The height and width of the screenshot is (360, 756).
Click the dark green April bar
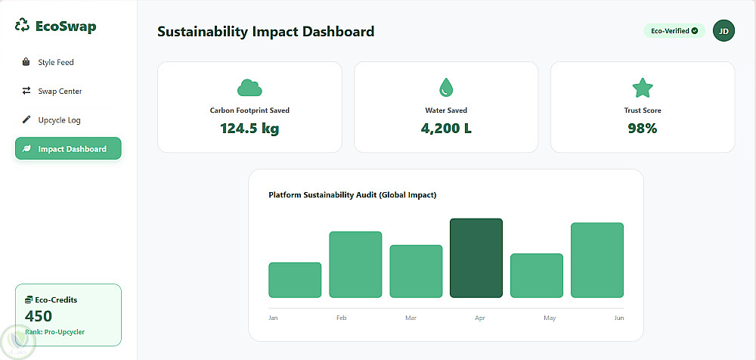(476, 258)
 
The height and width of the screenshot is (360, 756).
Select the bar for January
(295, 280)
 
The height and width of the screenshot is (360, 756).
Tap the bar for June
(597, 260)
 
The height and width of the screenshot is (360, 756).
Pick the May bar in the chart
(537, 275)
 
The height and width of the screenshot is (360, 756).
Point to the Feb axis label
(342, 318)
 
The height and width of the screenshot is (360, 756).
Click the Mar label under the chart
(411, 318)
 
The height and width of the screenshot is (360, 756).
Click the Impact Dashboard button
(68, 149)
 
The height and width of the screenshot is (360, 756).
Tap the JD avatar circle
(723, 31)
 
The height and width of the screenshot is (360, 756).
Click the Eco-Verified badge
(674, 31)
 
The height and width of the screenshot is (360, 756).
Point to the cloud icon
(249, 88)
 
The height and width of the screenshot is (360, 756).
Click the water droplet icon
(446, 88)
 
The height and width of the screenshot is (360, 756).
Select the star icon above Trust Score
(642, 88)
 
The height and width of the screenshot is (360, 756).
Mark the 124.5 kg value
(249, 129)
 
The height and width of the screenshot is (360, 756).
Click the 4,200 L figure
(446, 129)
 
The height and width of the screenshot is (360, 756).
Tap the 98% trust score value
(642, 129)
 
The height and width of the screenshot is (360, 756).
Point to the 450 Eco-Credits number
(39, 316)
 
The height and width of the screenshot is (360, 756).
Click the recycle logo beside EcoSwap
(22, 26)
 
